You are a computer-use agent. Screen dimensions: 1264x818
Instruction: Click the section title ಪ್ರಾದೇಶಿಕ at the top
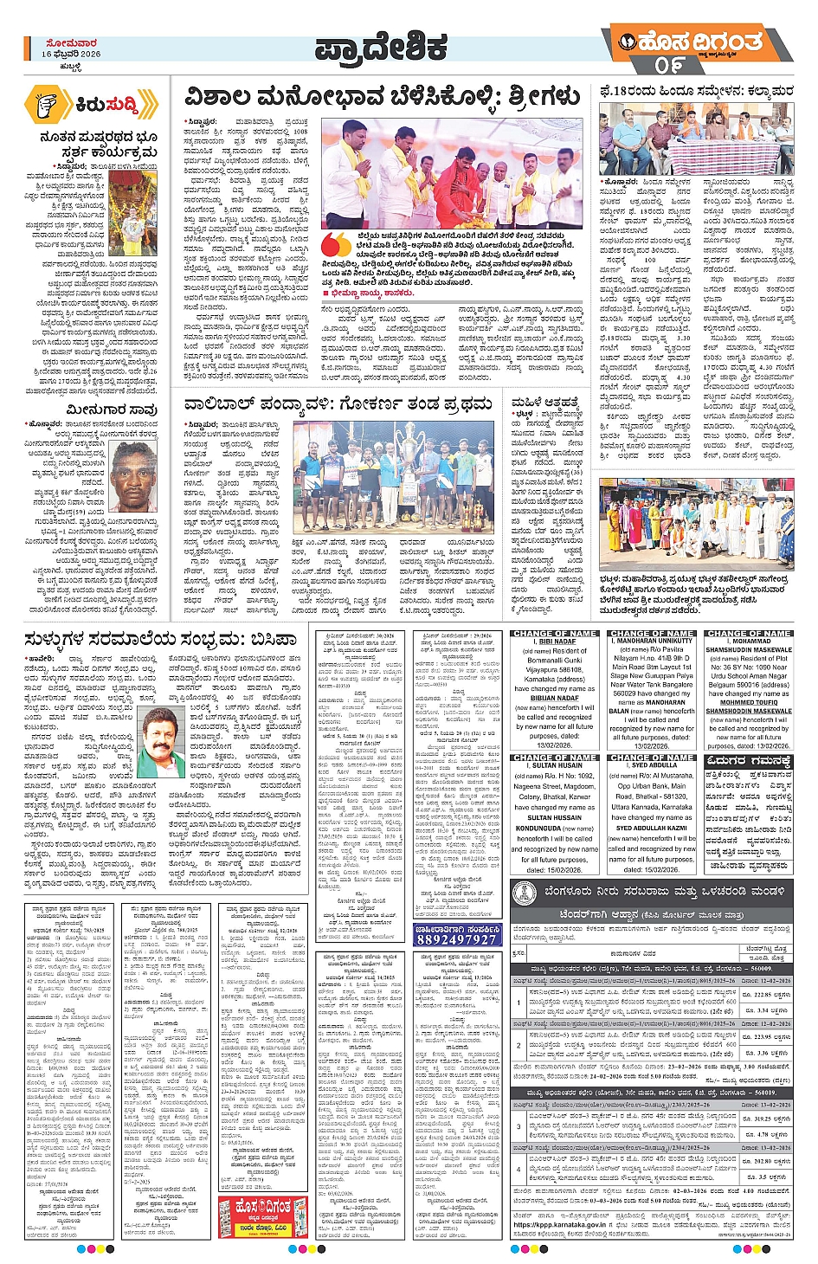coord(381,49)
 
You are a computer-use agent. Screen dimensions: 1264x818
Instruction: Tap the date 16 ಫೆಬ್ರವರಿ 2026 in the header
coord(71,54)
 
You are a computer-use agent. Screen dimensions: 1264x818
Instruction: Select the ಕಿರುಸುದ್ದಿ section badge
coord(92,104)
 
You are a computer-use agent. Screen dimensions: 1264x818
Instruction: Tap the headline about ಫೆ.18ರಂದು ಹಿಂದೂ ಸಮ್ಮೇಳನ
coord(697,90)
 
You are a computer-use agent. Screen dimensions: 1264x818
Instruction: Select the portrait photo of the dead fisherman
coord(135,475)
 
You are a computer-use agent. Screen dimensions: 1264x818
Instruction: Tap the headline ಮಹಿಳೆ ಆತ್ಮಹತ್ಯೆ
coord(544,403)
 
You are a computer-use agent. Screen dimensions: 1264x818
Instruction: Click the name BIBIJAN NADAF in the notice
coord(555,698)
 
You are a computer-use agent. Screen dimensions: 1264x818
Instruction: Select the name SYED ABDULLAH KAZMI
coord(651,828)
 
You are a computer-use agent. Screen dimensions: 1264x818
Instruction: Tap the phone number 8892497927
coord(456,939)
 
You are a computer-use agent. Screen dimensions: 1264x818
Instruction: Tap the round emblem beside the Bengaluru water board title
coord(525,894)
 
